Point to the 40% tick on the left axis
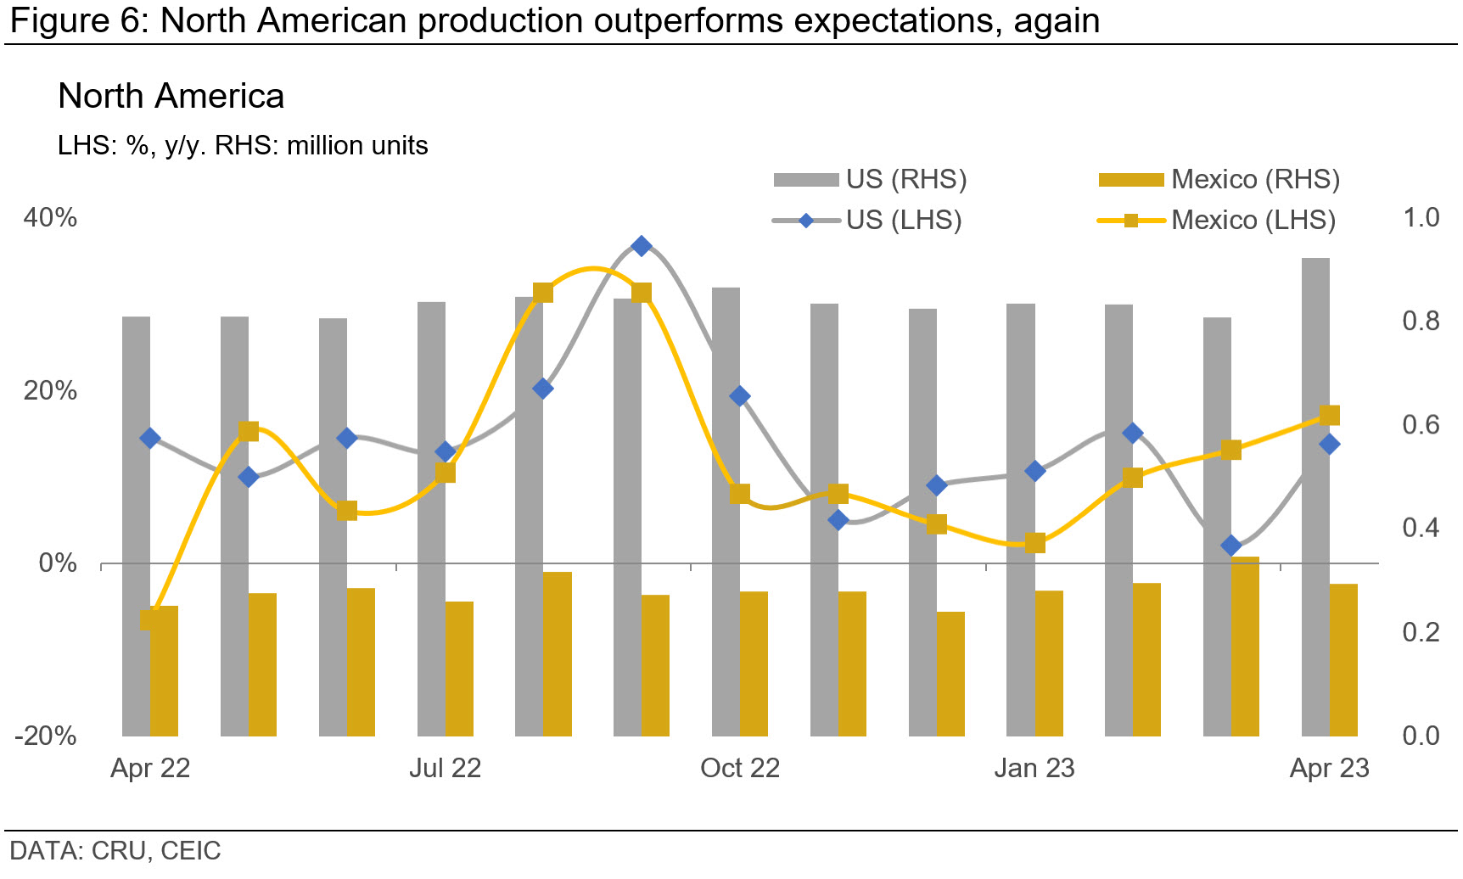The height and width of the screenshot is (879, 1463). tap(50, 218)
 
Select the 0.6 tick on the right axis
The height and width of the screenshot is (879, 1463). tap(1421, 424)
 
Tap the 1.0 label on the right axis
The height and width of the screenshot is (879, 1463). tap(1421, 218)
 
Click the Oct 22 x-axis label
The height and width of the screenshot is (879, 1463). tap(739, 768)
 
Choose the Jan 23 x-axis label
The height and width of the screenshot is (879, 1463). tap(1034, 768)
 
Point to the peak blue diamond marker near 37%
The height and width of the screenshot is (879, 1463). tap(642, 246)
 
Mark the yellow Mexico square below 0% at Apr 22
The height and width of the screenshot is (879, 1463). tap(150, 620)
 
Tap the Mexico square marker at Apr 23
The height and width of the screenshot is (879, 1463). tap(1330, 415)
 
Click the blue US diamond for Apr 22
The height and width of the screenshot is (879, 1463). tap(150, 438)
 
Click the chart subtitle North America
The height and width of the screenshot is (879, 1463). tap(171, 97)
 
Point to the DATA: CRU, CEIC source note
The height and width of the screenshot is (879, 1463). tap(115, 850)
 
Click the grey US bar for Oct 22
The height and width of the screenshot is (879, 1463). tap(726, 509)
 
